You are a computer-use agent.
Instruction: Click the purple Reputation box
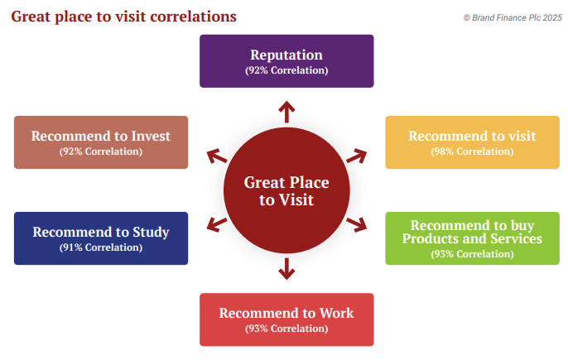(x=286, y=61)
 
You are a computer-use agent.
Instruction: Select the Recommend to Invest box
(x=101, y=142)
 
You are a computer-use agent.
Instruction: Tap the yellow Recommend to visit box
(x=472, y=142)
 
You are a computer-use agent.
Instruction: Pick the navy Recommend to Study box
(x=101, y=238)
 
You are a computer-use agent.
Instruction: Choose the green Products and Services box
(x=472, y=238)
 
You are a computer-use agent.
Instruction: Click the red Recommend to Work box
(x=286, y=319)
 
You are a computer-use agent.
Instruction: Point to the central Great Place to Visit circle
(x=286, y=190)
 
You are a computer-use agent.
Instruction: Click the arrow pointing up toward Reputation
(x=286, y=112)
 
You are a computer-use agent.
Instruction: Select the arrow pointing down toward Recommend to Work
(x=286, y=269)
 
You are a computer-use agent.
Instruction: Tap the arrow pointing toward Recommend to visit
(x=357, y=156)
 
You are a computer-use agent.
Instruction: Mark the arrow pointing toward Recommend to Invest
(x=217, y=156)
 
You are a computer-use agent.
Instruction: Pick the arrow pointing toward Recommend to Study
(x=217, y=225)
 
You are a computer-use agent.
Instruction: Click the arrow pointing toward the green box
(x=357, y=225)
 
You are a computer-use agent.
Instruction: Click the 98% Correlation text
(x=472, y=151)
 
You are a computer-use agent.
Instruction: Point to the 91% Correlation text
(x=101, y=247)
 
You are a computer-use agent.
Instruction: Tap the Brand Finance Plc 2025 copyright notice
(x=513, y=17)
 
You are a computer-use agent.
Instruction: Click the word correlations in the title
(x=193, y=17)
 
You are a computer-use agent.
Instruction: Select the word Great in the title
(x=31, y=17)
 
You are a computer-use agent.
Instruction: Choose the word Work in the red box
(x=336, y=313)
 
